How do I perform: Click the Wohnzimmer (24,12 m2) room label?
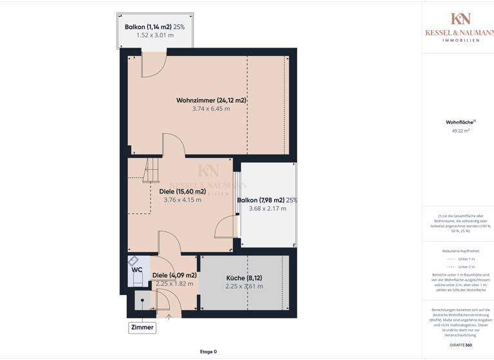(x=211, y=100)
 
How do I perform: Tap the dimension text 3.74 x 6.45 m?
(x=211, y=109)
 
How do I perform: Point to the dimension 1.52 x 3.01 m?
(x=154, y=35)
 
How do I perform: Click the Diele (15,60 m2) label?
(x=182, y=191)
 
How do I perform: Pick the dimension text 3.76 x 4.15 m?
(x=182, y=200)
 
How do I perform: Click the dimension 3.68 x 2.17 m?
(x=268, y=208)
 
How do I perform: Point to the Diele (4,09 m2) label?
(x=174, y=275)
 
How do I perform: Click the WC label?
(x=137, y=270)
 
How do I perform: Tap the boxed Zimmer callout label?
(x=142, y=327)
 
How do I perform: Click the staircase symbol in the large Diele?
(x=151, y=170)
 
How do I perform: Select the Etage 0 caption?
(x=208, y=352)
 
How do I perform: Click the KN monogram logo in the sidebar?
(x=460, y=19)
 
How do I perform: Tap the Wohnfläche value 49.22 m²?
(x=461, y=130)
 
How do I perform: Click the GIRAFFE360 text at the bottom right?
(x=461, y=345)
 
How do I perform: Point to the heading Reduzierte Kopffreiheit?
(x=461, y=251)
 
